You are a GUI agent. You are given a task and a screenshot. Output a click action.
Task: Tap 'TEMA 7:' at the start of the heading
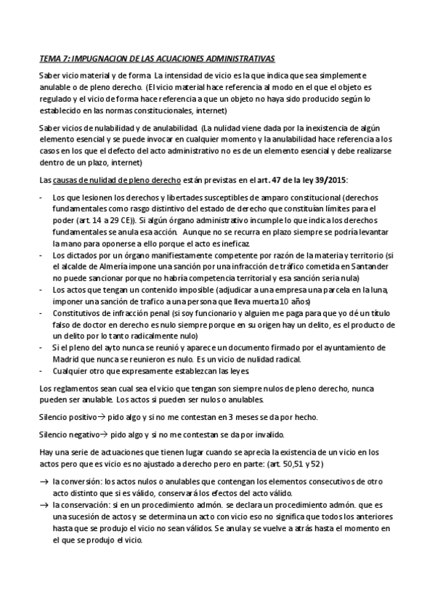pyautogui.click(x=52, y=57)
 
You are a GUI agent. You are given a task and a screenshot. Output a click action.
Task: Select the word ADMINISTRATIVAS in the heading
pyautogui.click(x=234, y=57)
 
